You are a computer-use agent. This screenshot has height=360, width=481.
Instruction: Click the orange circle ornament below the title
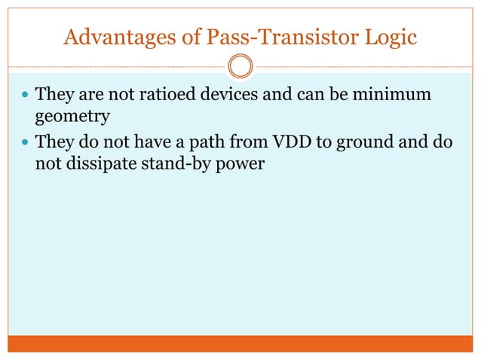click(x=240, y=66)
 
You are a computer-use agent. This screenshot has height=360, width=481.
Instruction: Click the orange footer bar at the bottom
click(x=240, y=343)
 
